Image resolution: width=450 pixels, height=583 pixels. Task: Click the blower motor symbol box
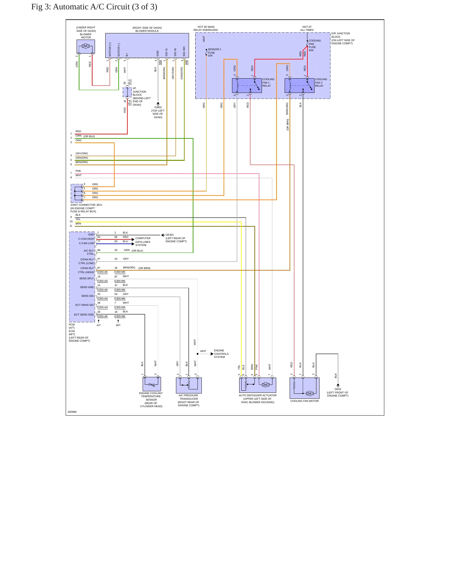pyautogui.click(x=86, y=46)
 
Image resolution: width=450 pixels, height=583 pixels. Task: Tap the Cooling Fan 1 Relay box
pyautogui.click(x=247, y=85)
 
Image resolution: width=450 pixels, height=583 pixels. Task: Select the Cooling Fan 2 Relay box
pyautogui.click(x=300, y=85)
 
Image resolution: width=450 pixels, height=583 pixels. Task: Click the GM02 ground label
pyautogui.click(x=158, y=107)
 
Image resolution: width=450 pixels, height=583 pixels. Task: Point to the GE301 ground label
pyautogui.click(x=170, y=235)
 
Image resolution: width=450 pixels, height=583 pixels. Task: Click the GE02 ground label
pyautogui.click(x=338, y=389)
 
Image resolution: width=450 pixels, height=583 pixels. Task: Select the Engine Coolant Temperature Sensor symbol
pyautogui.click(x=152, y=384)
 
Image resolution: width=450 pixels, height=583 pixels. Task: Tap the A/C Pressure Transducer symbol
pyautogui.click(x=189, y=385)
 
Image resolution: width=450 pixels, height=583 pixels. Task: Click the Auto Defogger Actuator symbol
pyautogui.click(x=258, y=385)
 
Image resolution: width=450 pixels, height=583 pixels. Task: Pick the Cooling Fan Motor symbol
pyautogui.click(x=305, y=388)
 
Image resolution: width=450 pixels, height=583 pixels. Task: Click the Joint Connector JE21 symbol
pyautogui.click(x=77, y=193)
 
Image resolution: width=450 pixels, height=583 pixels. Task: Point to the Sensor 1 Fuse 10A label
pyautogui.click(x=214, y=52)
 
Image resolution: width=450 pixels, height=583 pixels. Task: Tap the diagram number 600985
pyautogui.click(x=72, y=412)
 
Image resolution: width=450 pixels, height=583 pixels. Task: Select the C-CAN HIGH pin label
pyautogui.click(x=86, y=239)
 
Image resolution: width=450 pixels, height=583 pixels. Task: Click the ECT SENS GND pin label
pyautogui.click(x=84, y=315)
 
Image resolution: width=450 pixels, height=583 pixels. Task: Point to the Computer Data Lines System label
pyautogui.click(x=143, y=242)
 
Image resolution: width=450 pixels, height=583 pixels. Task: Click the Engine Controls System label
pyautogui.click(x=221, y=354)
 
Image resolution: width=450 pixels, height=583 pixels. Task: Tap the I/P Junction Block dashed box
pyautogui.click(x=127, y=92)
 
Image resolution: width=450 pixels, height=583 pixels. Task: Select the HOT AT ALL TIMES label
pyautogui.click(x=307, y=28)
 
